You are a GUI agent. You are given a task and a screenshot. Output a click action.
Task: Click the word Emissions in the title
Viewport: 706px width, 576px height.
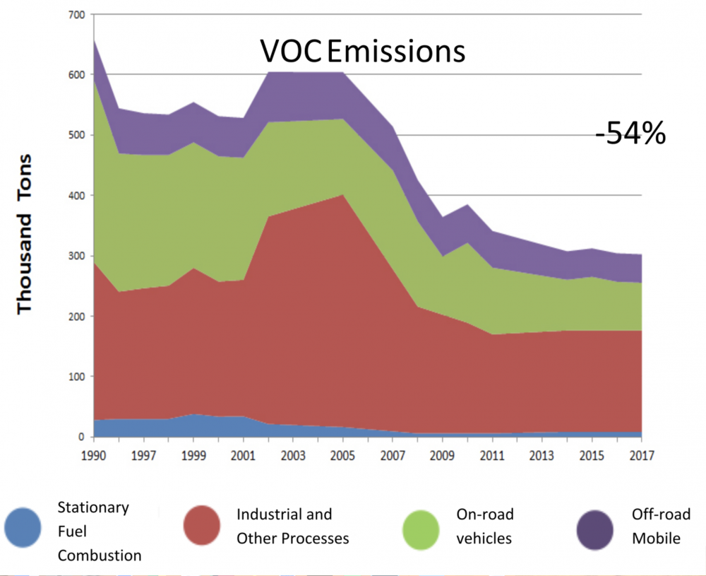pos(396,52)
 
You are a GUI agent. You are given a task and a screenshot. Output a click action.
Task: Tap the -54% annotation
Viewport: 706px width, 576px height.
pos(630,133)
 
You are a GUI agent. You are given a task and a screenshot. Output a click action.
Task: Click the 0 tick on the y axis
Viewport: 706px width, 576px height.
pos(82,437)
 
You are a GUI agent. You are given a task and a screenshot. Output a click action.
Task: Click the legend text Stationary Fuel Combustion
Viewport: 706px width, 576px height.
pos(99,531)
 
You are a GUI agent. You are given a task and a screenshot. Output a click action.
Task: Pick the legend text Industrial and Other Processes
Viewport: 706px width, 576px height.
pos(292,526)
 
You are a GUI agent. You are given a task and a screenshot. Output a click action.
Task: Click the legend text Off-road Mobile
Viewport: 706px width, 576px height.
pos(661,526)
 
